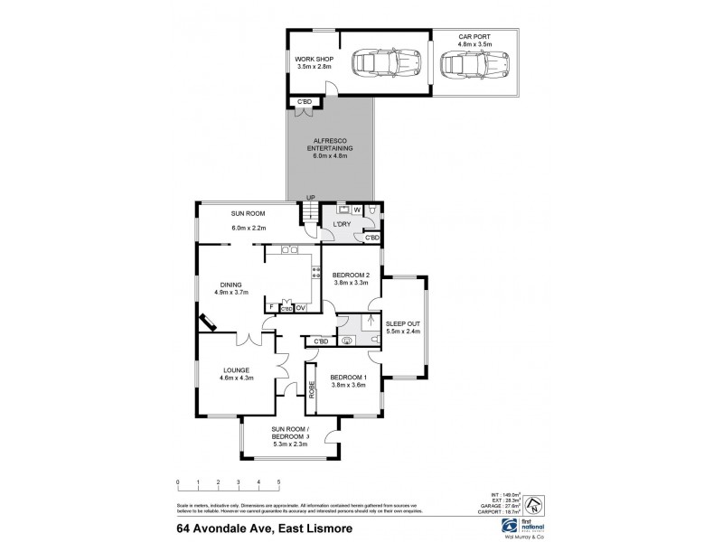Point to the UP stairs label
311,199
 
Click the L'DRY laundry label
342,223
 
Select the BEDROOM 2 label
350,278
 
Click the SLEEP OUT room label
403,327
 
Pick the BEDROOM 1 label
348,381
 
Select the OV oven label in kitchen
301,309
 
